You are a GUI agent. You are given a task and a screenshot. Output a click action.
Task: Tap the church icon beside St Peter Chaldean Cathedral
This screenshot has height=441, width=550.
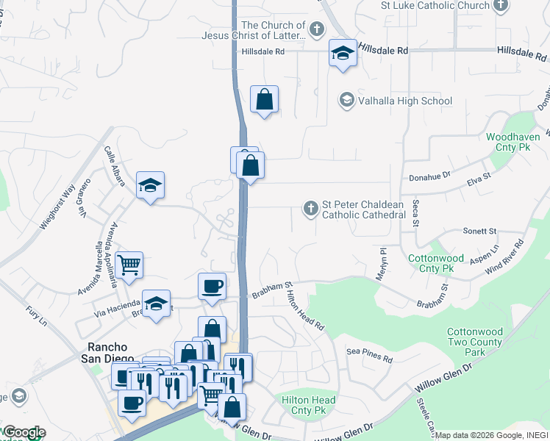[x=310, y=209]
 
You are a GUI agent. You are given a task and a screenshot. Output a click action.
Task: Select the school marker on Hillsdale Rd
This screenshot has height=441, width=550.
[x=343, y=54]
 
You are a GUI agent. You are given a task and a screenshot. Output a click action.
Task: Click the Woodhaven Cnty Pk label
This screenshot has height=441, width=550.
[x=513, y=142]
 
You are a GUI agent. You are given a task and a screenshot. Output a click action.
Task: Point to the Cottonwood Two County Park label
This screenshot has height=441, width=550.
[x=476, y=343]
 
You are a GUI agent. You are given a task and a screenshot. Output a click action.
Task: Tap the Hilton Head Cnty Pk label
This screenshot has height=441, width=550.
[x=309, y=405]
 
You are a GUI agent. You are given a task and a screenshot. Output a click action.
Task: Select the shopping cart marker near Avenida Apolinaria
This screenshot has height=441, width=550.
[x=129, y=265]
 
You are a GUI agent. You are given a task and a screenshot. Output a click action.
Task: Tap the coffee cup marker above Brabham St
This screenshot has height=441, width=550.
[x=212, y=286]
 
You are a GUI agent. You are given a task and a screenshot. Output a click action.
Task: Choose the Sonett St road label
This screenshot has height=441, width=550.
[x=479, y=231]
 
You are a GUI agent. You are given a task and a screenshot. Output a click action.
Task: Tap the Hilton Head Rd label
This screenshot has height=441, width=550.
[x=304, y=308]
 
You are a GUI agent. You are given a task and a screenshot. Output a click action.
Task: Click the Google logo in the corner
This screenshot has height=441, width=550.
[x=24, y=432]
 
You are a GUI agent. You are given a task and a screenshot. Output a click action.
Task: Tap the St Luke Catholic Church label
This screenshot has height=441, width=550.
[x=435, y=5]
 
